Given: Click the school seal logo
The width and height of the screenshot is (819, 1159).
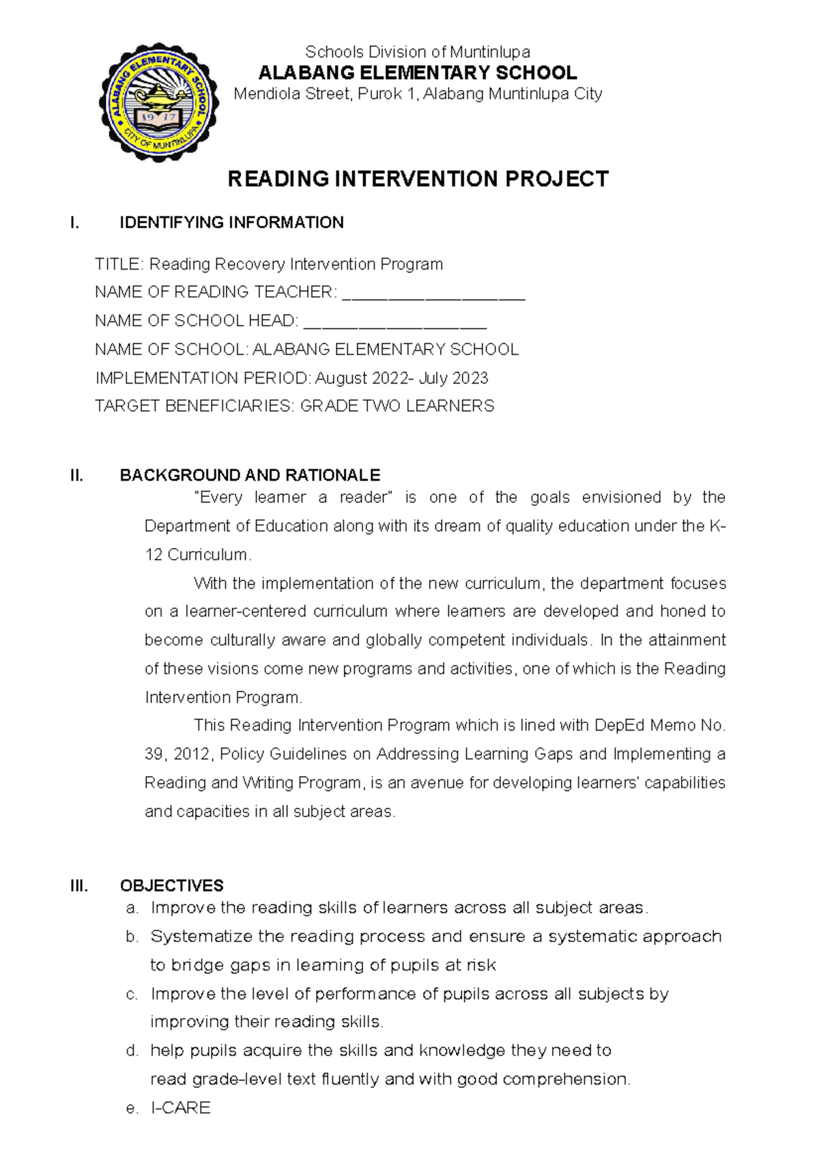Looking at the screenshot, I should click(x=158, y=101).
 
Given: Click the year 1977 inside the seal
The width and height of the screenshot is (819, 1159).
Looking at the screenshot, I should click(x=158, y=117).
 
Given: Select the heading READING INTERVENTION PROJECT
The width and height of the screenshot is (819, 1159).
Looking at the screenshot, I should click(x=418, y=180).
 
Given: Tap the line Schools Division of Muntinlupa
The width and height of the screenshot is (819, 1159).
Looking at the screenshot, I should click(x=417, y=52).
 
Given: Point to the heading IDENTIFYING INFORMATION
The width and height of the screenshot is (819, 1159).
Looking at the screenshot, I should click(x=231, y=223).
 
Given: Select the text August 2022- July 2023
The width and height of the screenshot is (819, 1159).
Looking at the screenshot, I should click(x=401, y=378).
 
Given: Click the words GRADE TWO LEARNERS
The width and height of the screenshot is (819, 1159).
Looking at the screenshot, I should click(x=397, y=406).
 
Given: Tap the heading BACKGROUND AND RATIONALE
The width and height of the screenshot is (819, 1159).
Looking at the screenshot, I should click(x=250, y=475).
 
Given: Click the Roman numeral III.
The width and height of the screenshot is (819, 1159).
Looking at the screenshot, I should click(x=79, y=886).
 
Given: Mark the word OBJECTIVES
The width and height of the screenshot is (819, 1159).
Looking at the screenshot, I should click(x=171, y=886).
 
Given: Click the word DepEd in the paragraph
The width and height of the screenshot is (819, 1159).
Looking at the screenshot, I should click(x=619, y=726).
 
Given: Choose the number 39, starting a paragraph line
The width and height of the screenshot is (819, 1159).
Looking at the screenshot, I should click(x=154, y=754).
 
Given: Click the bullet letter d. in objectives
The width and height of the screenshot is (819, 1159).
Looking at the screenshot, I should click(x=132, y=1050).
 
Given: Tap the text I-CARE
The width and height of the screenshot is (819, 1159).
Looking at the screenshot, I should click(x=180, y=1108).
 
